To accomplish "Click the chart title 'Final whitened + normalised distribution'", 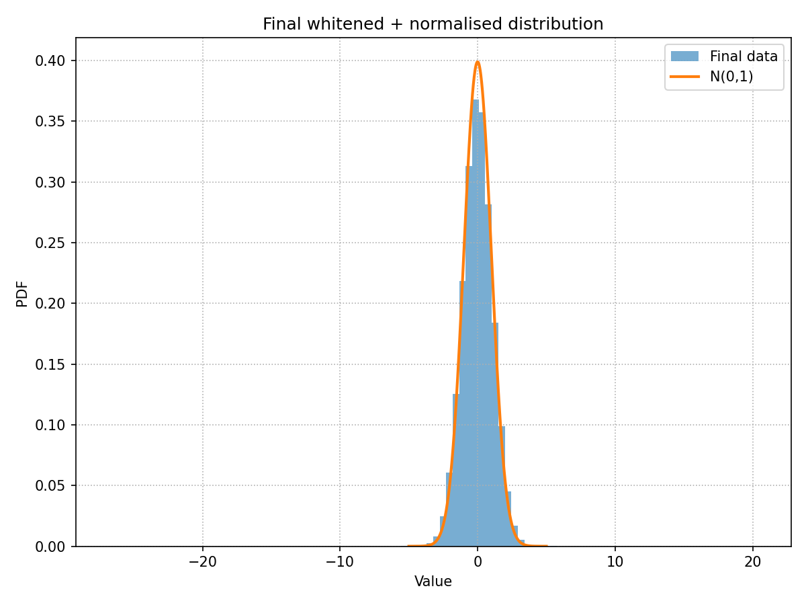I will coord(433,24).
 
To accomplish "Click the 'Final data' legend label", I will coord(744,56).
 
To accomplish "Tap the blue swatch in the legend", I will coord(684,56).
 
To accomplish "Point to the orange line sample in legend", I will coord(684,77).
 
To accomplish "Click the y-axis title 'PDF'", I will coord(21,292).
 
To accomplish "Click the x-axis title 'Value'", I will coord(433,581).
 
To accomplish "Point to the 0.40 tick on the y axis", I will coord(51,61).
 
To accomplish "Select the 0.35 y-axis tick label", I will coord(51,122).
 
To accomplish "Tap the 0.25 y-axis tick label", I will coord(51,243).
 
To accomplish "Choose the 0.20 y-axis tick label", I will coord(51,304).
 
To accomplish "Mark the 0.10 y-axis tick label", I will coord(51,426).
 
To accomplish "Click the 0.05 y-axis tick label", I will coord(51,486).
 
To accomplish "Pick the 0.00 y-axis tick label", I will coord(51,547).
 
